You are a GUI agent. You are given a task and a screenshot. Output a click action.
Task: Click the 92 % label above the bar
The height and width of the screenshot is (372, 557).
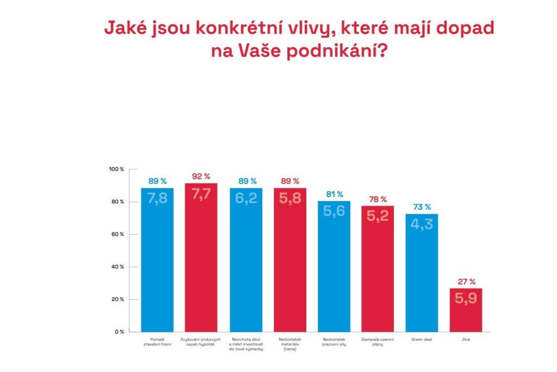click(201, 176)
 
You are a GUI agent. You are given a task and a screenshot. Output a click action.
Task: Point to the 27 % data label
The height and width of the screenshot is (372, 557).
click(466, 282)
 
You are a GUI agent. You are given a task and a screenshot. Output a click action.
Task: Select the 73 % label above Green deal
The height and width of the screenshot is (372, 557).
click(422, 207)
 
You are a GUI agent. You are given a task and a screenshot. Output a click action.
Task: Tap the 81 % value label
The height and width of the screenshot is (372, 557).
click(333, 194)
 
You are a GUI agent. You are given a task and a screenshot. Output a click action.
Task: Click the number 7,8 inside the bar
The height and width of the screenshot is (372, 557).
click(157, 199)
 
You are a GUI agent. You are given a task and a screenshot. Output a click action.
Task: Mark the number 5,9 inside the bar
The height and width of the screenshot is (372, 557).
click(466, 299)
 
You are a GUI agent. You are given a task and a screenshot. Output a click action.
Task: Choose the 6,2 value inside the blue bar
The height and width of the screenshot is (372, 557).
click(245, 199)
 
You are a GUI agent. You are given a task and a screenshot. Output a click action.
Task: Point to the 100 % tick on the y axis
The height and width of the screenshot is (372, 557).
click(116, 169)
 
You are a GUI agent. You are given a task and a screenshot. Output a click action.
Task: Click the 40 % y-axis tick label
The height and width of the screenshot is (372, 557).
click(117, 267)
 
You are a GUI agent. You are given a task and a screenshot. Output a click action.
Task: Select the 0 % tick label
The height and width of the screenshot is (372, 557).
click(119, 332)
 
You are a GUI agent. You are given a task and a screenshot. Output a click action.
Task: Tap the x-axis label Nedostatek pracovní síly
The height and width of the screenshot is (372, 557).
click(333, 341)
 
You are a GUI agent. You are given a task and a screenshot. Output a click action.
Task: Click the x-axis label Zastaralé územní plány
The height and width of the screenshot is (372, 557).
click(377, 341)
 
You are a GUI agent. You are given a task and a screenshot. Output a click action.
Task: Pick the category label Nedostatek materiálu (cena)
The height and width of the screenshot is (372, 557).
click(289, 344)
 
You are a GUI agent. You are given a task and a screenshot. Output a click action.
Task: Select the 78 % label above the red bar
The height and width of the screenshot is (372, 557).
click(377, 199)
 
